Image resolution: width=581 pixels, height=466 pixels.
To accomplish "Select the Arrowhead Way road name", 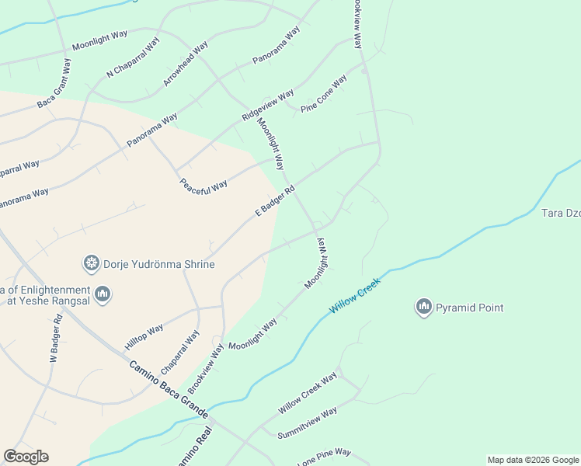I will tap(186, 64).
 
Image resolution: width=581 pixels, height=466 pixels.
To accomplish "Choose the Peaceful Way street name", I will tap(204, 186).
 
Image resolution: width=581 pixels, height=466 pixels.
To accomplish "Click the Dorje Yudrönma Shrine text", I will tap(161, 264).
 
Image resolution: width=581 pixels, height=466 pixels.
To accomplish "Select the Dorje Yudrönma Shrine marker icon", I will tap(92, 264).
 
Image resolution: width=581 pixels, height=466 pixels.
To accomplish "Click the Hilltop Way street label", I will tap(144, 338).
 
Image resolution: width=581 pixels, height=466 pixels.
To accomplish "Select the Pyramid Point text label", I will tap(469, 308).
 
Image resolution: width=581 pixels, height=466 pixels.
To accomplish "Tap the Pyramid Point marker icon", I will tap(424, 308).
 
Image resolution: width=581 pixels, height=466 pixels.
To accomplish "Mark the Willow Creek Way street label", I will tap(308, 393).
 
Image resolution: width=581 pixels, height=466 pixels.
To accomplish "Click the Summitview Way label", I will tap(308, 423).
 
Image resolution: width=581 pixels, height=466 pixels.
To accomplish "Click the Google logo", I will tap(26, 457).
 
